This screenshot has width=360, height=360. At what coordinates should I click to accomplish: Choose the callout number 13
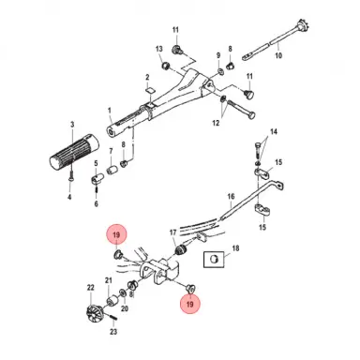[x=158, y=46]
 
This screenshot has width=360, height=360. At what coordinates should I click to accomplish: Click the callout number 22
[x=91, y=287]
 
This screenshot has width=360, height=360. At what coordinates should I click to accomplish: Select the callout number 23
[x=114, y=331]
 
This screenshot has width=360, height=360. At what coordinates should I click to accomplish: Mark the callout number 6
[x=97, y=187]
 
